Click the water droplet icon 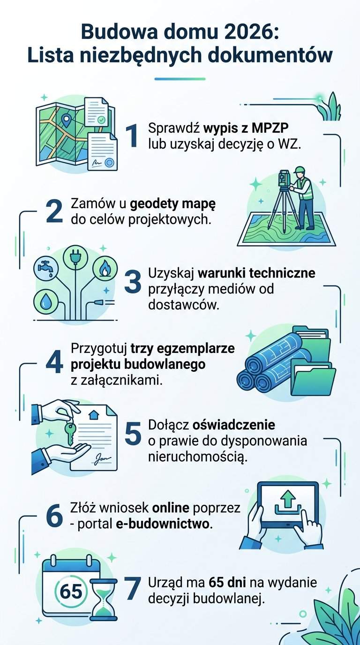(x=46, y=302)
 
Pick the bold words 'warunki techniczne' (x=256, y=273)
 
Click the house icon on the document (x=93, y=415)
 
